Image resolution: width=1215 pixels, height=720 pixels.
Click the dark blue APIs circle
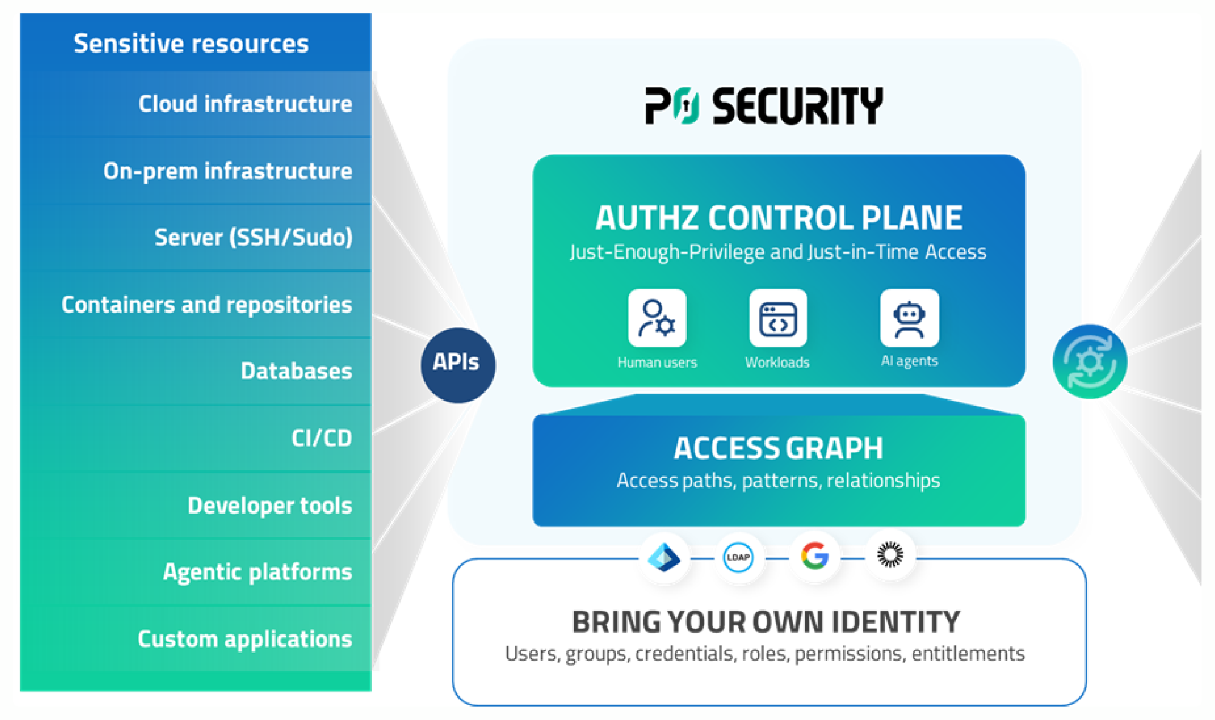pyautogui.click(x=458, y=365)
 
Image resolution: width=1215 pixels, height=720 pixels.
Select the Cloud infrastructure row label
pyautogui.click(x=245, y=103)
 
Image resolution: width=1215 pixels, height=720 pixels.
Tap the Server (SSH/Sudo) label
pyautogui.click(x=253, y=237)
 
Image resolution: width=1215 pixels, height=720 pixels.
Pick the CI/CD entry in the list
pyautogui.click(x=321, y=438)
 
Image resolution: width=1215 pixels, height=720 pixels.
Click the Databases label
pyautogui.click(x=296, y=371)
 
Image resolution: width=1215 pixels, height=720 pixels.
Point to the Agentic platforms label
pyautogui.click(x=257, y=572)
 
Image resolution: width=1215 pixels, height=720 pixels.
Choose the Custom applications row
pyautogui.click(x=245, y=638)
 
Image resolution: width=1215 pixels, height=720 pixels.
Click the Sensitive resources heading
pyautogui.click(x=191, y=43)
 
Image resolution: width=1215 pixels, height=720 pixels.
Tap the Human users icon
pyautogui.click(x=657, y=318)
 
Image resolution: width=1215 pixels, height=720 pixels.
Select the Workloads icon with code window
pyautogui.click(x=778, y=318)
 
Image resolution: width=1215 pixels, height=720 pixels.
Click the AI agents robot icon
pyautogui.click(x=909, y=318)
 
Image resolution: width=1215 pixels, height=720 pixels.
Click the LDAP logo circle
pyautogui.click(x=738, y=557)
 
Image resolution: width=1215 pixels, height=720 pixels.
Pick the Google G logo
pyautogui.click(x=814, y=556)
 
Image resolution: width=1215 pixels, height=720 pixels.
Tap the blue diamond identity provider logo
pyautogui.click(x=663, y=557)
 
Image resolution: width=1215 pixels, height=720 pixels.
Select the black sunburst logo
pyautogui.click(x=890, y=554)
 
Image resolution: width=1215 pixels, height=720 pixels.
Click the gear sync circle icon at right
pyautogui.click(x=1090, y=362)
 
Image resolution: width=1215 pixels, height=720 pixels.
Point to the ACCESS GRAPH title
pyautogui.click(x=778, y=448)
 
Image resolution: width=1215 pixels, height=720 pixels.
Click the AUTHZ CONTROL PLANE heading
pyautogui.click(x=779, y=217)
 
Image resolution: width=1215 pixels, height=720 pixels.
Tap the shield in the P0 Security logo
pyautogui.click(x=686, y=106)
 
